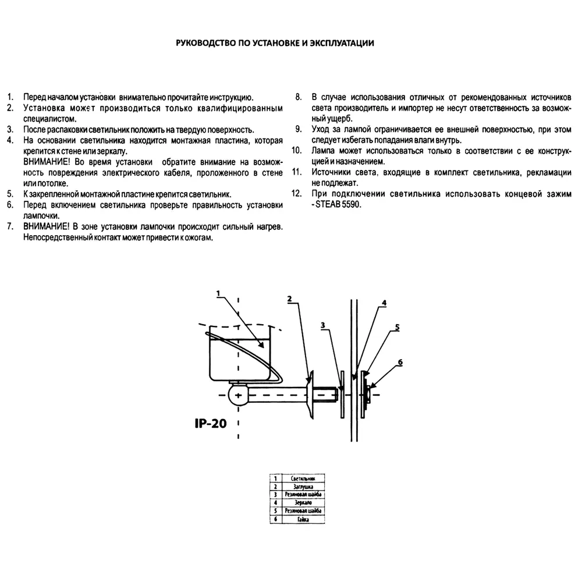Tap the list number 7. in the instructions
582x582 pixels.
tap(10, 226)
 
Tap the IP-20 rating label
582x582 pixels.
tap(210, 423)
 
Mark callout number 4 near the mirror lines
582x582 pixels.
tap(384, 303)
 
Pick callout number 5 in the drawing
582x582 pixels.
tap(396, 327)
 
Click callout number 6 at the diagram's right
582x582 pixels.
tap(400, 361)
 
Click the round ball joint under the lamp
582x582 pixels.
tap(239, 395)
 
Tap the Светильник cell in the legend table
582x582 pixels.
tap(302, 478)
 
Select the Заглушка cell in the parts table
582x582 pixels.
tap(302, 486)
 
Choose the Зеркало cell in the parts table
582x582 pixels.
tap(302, 502)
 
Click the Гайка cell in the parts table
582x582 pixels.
tap(302, 519)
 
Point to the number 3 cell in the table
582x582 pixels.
tap(274, 494)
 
